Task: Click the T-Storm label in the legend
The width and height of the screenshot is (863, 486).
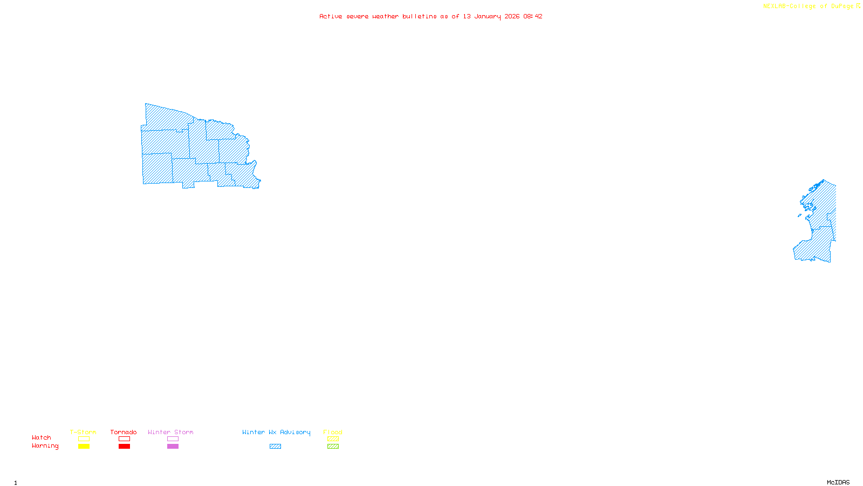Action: pos(83,432)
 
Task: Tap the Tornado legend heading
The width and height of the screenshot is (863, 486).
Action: pos(124,432)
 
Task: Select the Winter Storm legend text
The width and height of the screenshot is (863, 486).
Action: pos(170,432)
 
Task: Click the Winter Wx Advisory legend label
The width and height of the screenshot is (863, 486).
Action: pos(276,432)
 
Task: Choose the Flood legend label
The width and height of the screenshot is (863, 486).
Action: pos(333,432)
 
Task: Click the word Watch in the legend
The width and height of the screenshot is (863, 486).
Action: pos(42,437)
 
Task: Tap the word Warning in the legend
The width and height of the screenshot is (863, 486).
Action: pos(45,446)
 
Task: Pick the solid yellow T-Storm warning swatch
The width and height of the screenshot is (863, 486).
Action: pos(84,447)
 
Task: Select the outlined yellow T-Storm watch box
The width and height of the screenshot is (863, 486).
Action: pos(84,439)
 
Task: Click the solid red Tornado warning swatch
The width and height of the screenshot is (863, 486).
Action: pos(125,447)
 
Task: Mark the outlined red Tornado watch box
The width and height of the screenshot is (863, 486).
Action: pos(125,439)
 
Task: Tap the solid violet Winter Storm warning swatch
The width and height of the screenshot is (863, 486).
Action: pos(173,447)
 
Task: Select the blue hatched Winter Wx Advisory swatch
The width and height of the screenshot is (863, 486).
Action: pos(275,447)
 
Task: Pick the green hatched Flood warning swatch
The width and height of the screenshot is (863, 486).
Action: pos(333,447)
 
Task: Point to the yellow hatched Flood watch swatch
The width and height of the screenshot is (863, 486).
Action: pos(333,439)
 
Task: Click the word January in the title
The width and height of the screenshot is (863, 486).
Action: pos(488,16)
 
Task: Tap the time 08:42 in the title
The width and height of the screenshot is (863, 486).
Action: pos(533,16)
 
